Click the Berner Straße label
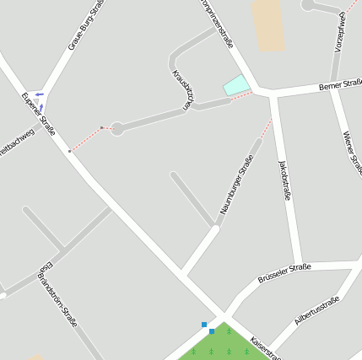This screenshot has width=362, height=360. (341, 84)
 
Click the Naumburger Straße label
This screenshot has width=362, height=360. (237, 184)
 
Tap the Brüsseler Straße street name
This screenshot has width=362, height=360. (284, 273)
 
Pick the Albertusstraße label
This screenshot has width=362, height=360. (316, 311)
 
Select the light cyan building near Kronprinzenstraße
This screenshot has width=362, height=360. (236, 84)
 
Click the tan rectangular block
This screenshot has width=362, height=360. (268, 24)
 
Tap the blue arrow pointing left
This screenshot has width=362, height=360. (40, 94)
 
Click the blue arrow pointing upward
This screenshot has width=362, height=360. (37, 105)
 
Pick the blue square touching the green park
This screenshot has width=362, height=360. (211, 331)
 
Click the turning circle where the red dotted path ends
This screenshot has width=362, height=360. (117, 128)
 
